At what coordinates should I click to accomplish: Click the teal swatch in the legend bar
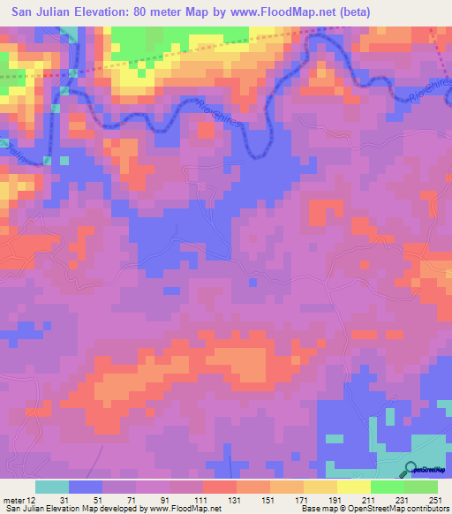pos(52,487)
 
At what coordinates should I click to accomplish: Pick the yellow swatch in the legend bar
pos(352,487)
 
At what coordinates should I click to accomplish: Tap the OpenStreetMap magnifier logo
pos(411,470)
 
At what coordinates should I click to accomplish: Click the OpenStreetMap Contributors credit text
pos(406,508)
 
